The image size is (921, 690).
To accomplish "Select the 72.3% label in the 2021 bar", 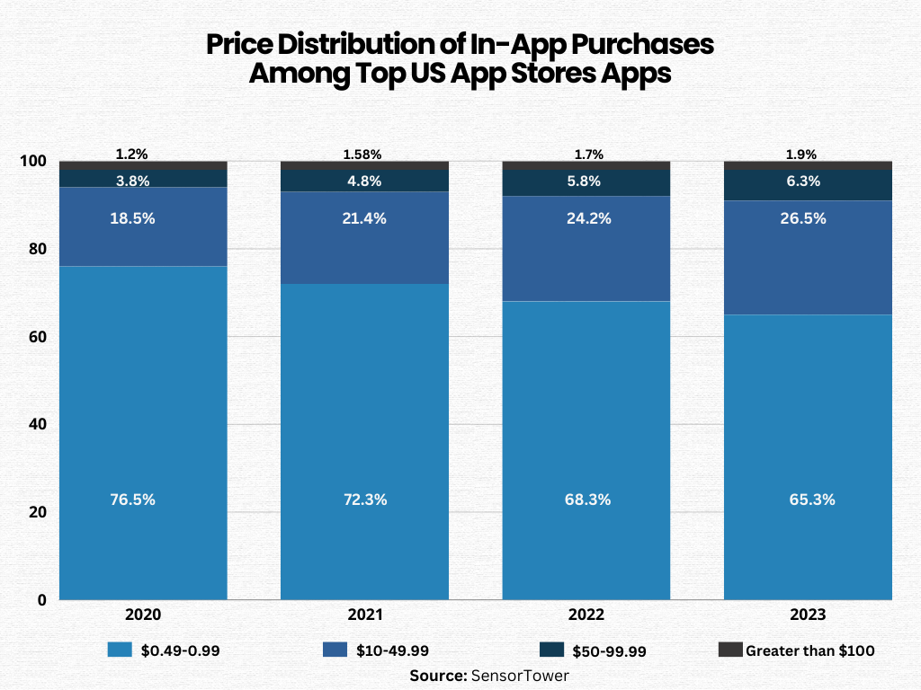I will coord(364,500).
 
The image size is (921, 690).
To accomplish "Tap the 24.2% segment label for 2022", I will coord(586,218).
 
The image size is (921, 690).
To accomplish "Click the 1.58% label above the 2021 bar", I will coord(364,155).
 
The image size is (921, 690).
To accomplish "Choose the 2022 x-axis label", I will coord(586,615).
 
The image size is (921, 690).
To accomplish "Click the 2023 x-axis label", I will coord(808,615).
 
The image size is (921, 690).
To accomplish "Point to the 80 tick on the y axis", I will coord(33,249).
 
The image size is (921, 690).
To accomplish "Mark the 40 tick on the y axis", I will coord(33,424).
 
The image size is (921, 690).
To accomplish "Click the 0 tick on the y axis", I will coord(41,599).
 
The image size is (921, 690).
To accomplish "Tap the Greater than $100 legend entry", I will coord(796,650).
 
